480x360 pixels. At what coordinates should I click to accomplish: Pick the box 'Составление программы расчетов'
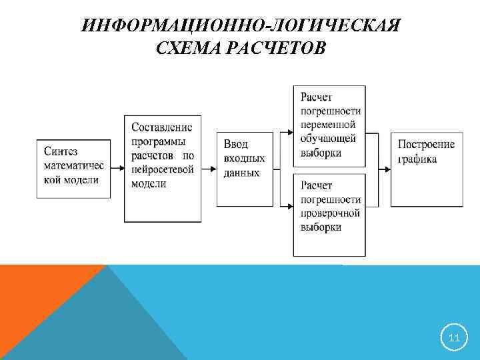click(x=162, y=168)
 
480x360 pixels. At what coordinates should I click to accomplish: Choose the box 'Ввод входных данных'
click(x=245, y=168)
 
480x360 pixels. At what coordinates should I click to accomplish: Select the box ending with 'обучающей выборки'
click(x=329, y=126)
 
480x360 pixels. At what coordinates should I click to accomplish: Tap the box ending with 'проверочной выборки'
click(x=329, y=215)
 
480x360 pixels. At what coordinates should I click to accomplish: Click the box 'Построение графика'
click(x=425, y=168)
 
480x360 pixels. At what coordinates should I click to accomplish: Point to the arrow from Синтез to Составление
click(x=117, y=169)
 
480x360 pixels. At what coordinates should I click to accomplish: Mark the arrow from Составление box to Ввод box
click(x=208, y=169)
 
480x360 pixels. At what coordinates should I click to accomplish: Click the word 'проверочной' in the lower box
click(x=330, y=213)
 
